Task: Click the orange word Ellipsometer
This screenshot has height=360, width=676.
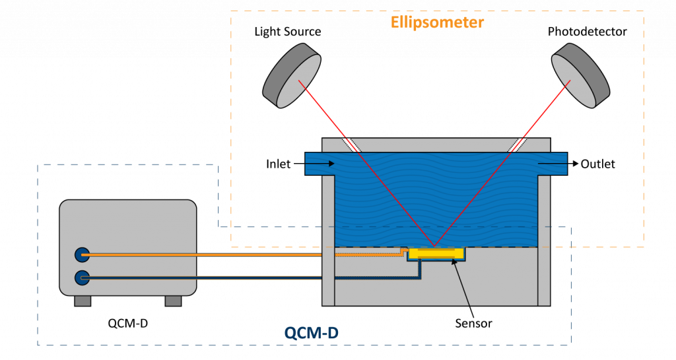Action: coord(437,22)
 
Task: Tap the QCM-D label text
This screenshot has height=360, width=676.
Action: coord(312,333)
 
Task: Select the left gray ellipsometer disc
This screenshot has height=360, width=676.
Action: coord(292,76)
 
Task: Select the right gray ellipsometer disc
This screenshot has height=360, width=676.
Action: coord(580,75)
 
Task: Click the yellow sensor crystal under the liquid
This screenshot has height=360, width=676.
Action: coord(436,253)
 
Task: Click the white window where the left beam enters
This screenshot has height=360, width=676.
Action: coord(351,145)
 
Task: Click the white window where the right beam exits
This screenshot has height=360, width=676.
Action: coord(517,145)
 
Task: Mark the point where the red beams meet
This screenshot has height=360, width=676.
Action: coord(434,245)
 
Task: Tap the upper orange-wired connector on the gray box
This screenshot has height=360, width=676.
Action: coord(82,254)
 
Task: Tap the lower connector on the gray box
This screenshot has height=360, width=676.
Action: coord(82,277)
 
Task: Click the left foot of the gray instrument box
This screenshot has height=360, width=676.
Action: coord(83,301)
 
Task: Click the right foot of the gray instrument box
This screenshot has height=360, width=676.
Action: coord(173,301)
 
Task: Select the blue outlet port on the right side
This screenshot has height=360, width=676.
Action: coord(553,164)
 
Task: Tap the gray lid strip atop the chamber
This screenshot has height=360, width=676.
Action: coord(436,145)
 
